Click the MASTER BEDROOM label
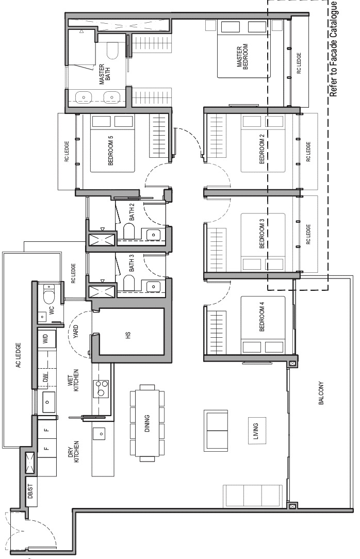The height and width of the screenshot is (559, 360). [x=242, y=57]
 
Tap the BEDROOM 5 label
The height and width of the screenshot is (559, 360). [x=110, y=150]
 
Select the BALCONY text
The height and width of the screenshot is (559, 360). [x=321, y=393]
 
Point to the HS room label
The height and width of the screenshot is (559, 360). [x=128, y=335]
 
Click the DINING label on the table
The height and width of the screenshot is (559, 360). [x=147, y=423]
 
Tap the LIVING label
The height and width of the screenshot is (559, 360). [x=255, y=431]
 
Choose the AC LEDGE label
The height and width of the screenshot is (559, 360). [x=19, y=355]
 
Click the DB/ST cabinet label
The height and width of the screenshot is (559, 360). [x=30, y=490]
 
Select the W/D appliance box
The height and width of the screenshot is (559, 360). [x=47, y=338]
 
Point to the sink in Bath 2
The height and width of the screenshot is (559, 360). [x=153, y=235]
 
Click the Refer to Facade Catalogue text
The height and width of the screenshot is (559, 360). [x=333, y=49]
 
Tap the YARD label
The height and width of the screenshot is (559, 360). [x=76, y=332]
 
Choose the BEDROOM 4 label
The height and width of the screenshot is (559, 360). [x=262, y=317]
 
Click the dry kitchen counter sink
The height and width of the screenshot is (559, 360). [x=101, y=434]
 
